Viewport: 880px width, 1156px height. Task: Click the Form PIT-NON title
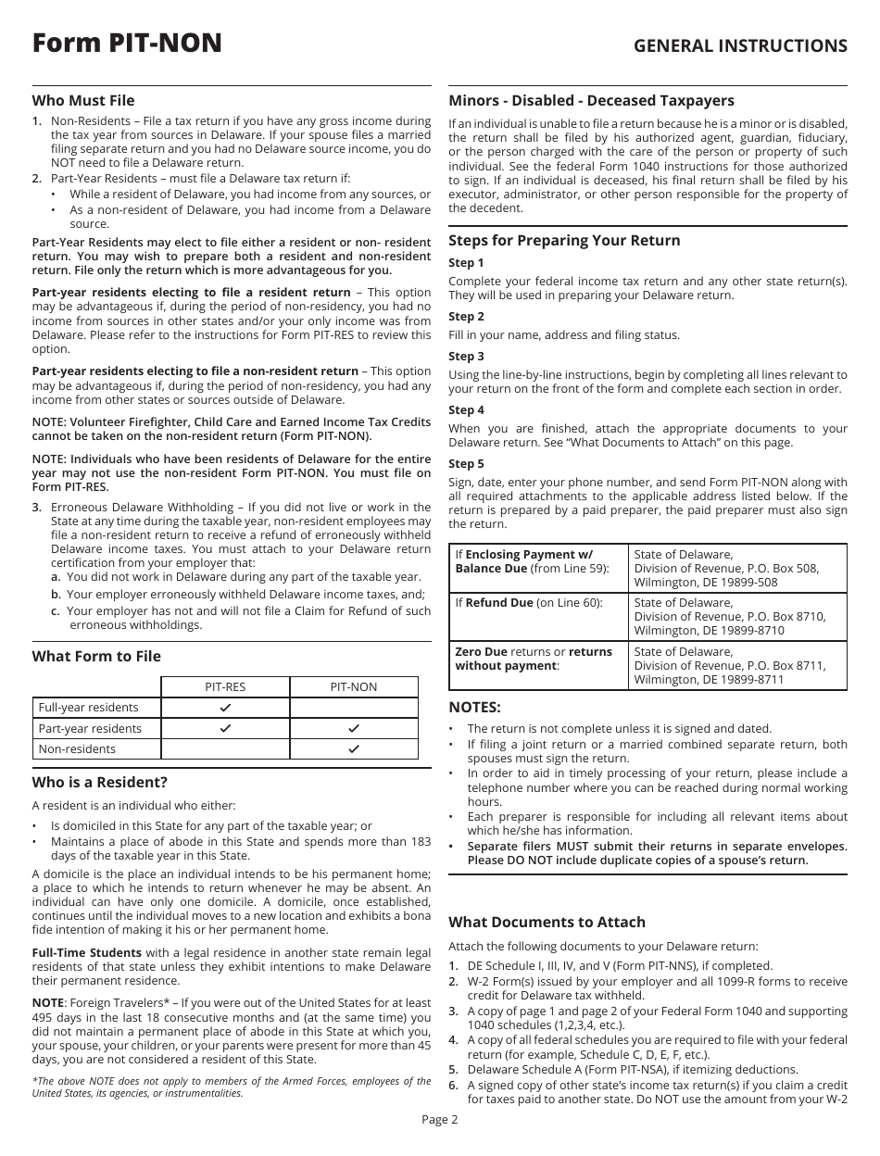tap(127, 44)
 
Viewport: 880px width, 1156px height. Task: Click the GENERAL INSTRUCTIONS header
tap(739, 45)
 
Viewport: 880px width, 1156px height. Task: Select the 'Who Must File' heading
tap(83, 100)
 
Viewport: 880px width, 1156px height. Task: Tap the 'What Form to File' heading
tap(96, 656)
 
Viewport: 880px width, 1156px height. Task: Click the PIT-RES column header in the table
tap(225, 687)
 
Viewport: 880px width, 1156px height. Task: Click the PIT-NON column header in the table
tap(354, 687)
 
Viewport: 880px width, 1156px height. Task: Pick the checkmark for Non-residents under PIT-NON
tap(354, 748)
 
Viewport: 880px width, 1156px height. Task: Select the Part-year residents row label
tap(90, 728)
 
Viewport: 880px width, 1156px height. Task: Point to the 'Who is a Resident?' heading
tap(100, 782)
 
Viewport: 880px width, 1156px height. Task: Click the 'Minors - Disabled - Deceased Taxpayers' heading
tap(591, 100)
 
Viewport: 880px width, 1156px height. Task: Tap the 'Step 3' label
tap(466, 356)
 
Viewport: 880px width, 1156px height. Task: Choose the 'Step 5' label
tap(466, 463)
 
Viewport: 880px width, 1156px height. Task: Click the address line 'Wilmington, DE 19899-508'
tap(705, 583)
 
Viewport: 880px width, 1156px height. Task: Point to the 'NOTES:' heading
tap(474, 707)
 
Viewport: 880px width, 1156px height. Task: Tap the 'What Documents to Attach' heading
tap(547, 922)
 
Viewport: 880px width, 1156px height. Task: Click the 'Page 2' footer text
tap(440, 1119)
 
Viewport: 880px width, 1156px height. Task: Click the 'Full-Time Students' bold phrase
tap(87, 952)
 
